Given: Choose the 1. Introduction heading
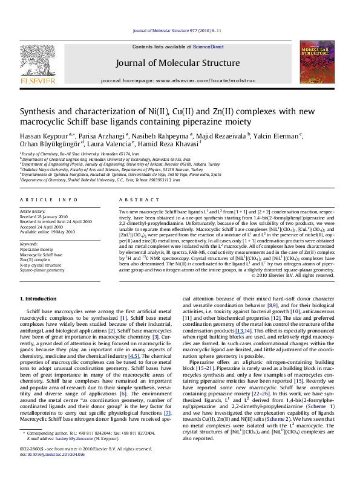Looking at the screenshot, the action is click(41, 299).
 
